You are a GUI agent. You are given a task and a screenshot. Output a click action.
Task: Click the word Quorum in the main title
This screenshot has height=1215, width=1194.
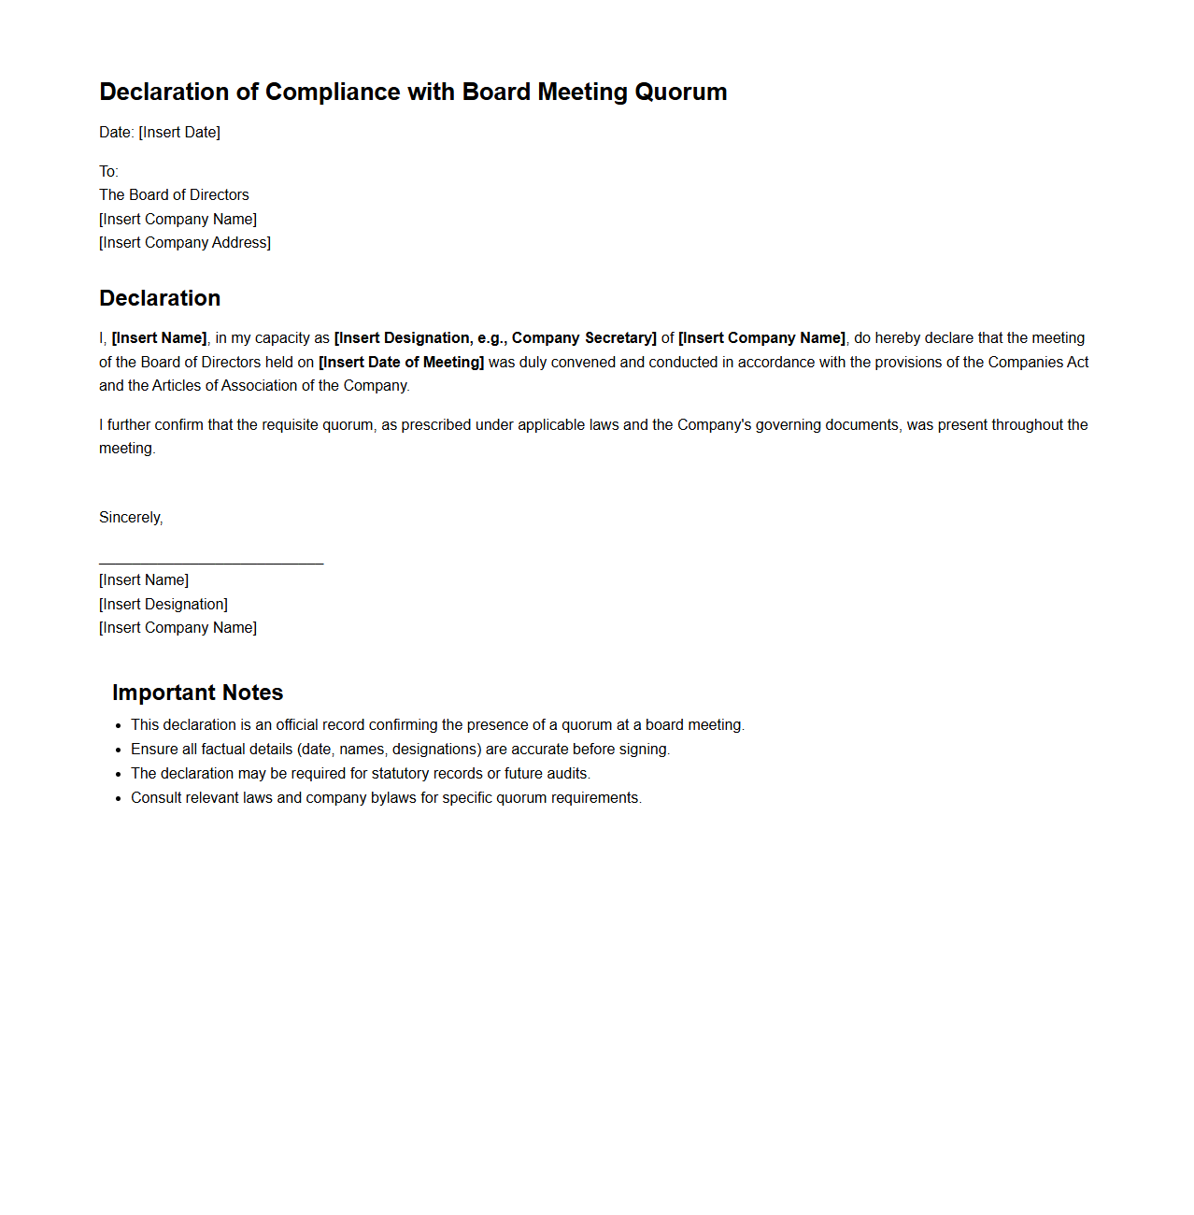click(680, 93)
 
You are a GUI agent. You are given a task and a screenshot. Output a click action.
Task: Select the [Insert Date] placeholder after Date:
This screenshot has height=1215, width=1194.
click(179, 133)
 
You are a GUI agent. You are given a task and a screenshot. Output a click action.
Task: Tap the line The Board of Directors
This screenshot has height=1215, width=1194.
click(174, 195)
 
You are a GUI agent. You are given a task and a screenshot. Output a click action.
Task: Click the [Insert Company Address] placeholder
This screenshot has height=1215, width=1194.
click(185, 243)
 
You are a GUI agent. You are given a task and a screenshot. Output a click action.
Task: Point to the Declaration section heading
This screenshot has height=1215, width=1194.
click(160, 298)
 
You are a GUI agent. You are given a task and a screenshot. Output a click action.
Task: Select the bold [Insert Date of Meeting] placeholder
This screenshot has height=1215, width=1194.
click(401, 363)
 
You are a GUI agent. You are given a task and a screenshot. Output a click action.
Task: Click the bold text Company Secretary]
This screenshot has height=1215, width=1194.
click(584, 338)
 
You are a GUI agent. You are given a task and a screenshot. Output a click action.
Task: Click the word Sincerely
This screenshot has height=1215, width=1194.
click(130, 518)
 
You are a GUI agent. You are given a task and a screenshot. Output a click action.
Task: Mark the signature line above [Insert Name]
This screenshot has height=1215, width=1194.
click(211, 564)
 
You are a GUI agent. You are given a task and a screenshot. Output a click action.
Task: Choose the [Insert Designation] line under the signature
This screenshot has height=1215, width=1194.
click(163, 605)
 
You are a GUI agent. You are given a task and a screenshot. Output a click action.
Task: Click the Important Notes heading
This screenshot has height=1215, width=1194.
click(197, 693)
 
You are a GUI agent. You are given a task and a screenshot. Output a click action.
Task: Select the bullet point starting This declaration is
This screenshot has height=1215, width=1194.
click(437, 725)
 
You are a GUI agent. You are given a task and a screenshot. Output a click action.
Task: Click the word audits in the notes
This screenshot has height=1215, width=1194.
click(567, 774)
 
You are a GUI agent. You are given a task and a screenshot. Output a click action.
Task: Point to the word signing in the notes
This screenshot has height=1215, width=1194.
click(644, 750)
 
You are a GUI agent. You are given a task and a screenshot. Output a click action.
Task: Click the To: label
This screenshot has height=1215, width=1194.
click(108, 172)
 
